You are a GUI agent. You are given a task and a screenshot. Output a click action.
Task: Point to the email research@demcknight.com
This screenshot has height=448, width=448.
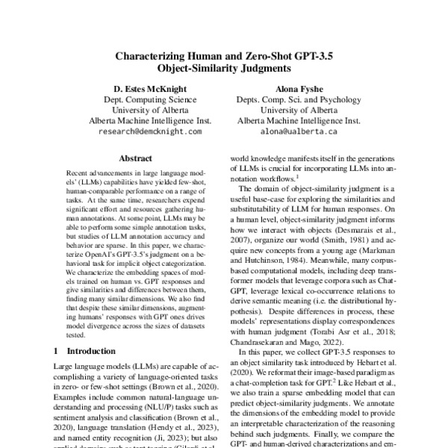(x=150, y=131)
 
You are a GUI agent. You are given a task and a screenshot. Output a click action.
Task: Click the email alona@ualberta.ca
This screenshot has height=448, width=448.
(x=298, y=131)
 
